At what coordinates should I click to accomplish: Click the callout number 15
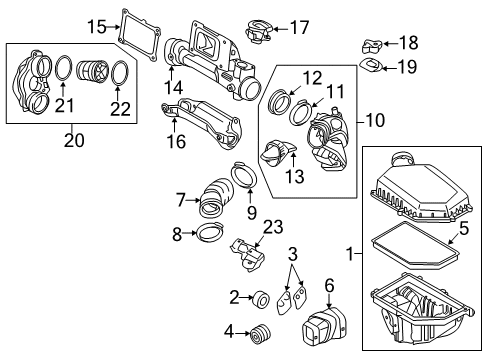pos(97,26)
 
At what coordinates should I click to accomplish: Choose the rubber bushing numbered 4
pos(264,333)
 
